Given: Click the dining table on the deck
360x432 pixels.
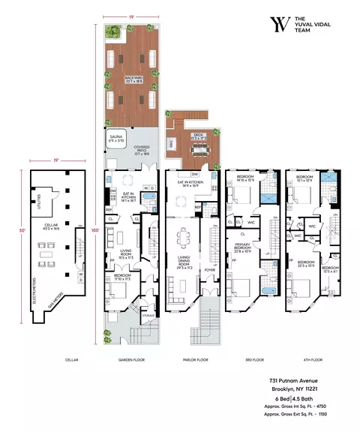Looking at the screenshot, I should pyautogui.click(x=198, y=150).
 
